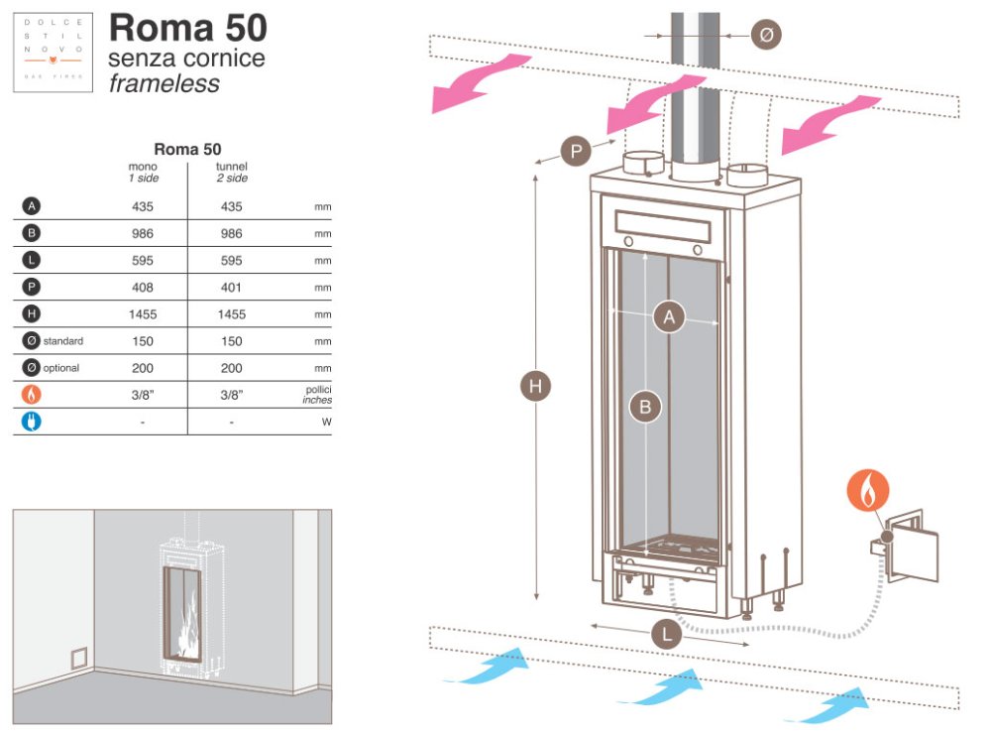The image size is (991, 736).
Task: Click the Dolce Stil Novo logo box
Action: (x=53, y=53)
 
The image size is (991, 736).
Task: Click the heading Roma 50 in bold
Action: (x=187, y=28)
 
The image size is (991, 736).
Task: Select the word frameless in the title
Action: (x=164, y=83)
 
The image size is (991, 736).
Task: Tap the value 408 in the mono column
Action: (x=143, y=288)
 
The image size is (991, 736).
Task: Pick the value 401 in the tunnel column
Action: (x=231, y=288)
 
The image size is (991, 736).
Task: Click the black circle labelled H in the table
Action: (x=32, y=314)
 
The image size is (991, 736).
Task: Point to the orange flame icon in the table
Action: (x=32, y=395)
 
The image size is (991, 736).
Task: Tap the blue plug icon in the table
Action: (x=32, y=422)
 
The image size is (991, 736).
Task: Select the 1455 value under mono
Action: (x=143, y=314)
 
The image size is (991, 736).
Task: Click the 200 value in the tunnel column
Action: (x=231, y=368)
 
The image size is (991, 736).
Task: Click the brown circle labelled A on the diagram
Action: (x=669, y=318)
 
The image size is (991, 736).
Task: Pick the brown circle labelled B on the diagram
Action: (x=645, y=406)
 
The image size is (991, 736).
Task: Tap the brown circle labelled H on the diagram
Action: (x=536, y=387)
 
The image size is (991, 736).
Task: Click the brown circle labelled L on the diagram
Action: (x=668, y=634)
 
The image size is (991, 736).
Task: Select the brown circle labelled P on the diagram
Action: (x=576, y=152)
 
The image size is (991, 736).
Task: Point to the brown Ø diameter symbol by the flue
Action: (x=766, y=35)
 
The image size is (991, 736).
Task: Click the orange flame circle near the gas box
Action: (x=868, y=490)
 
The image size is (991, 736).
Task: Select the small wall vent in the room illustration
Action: (x=77, y=659)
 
